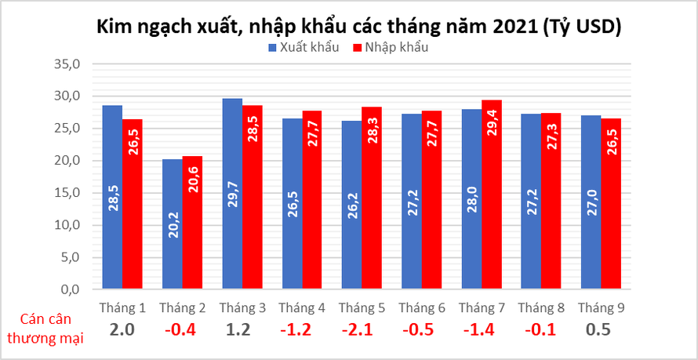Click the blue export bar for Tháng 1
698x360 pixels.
click(112, 197)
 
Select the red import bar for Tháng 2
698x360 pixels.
click(193, 223)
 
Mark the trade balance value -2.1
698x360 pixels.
click(362, 330)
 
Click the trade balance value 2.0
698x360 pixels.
click(122, 330)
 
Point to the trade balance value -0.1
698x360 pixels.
click(541, 330)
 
